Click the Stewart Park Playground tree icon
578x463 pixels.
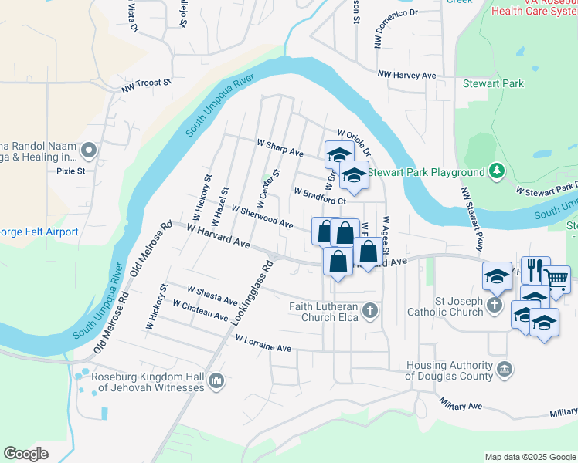coord(498,171)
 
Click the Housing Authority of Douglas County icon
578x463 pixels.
coord(505,370)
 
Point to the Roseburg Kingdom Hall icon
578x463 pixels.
coord(216,380)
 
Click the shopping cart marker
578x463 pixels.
coord(556,278)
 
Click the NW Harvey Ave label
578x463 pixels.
coord(406,75)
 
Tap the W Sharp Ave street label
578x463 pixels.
coord(280,147)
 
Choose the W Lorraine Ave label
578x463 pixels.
coord(263,344)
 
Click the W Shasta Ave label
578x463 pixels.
coord(212,294)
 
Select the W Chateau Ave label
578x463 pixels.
coord(200,311)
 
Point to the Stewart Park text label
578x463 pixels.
coord(493,83)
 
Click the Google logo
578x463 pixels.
coord(26,454)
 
